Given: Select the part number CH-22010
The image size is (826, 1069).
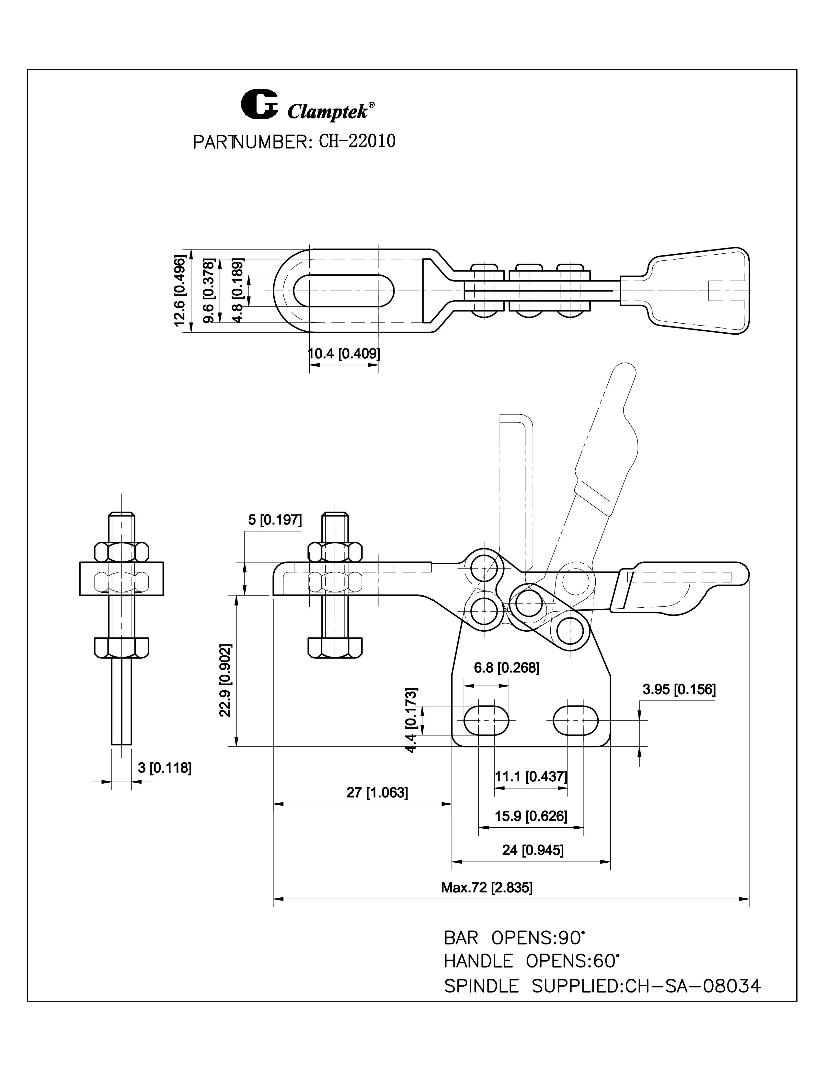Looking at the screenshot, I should coord(357,142).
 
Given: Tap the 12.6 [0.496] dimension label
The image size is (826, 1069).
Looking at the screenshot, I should coord(180,291).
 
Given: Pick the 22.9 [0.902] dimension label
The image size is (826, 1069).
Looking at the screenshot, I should coord(225,680).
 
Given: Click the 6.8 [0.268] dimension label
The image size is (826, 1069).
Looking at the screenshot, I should coord(507,668).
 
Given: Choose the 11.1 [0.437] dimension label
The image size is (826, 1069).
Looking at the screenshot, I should coord(531,776).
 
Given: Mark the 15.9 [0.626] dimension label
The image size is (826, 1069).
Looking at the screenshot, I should coord(531,816).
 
